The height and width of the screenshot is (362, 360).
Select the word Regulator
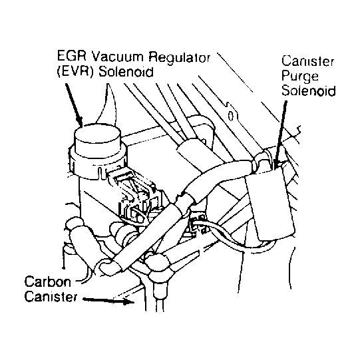coord(180,57)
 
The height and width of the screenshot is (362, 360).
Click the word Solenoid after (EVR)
coord(126,72)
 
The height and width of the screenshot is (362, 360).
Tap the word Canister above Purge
coord(307,61)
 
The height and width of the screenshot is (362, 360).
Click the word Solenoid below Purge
coord(309,90)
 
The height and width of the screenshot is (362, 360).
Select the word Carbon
coord(48,281)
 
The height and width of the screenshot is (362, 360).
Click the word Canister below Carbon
coord(51,296)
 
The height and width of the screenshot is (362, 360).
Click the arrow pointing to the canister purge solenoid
coord(281,132)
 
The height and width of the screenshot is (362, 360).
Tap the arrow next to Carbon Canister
coord(108,300)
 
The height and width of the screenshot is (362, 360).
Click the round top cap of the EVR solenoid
coord(97,136)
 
